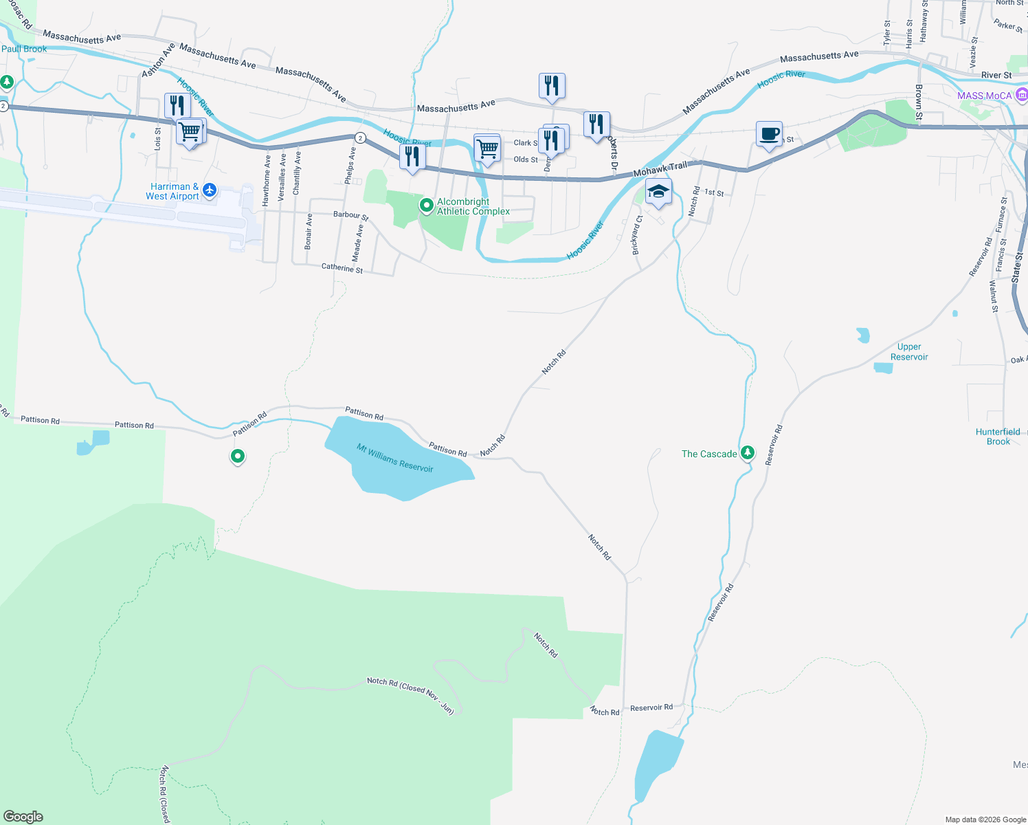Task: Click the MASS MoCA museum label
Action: [x=984, y=96]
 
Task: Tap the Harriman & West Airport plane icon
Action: [x=210, y=190]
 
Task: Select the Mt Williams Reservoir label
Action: [x=394, y=458]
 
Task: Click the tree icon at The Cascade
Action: [x=747, y=452]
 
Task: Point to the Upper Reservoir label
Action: [x=908, y=352]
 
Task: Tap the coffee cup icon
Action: [x=769, y=133]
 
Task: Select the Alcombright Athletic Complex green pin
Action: [x=426, y=205]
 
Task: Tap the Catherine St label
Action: [x=342, y=267]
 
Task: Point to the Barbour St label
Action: [x=350, y=215]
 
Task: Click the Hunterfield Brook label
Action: [x=998, y=437]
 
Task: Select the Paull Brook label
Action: [x=24, y=49]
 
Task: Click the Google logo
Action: [x=23, y=816]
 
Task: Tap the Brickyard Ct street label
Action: [x=637, y=235]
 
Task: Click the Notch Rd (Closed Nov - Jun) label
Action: [x=410, y=694]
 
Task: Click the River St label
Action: [x=996, y=75]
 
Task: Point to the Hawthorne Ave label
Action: [x=266, y=180]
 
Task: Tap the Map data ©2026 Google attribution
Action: [x=985, y=819]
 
